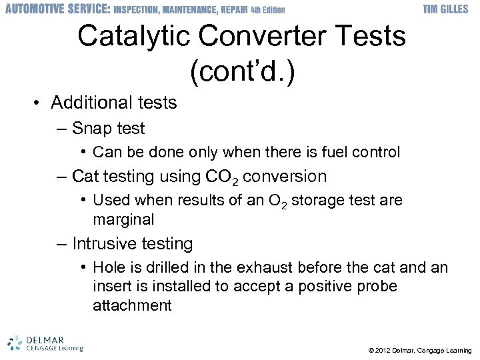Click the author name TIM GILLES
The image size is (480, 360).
[x=447, y=9]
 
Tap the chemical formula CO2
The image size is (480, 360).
[x=223, y=177]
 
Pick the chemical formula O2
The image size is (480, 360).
[x=280, y=201]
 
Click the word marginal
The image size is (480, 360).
[x=123, y=219]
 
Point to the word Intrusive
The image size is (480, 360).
[x=104, y=244]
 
